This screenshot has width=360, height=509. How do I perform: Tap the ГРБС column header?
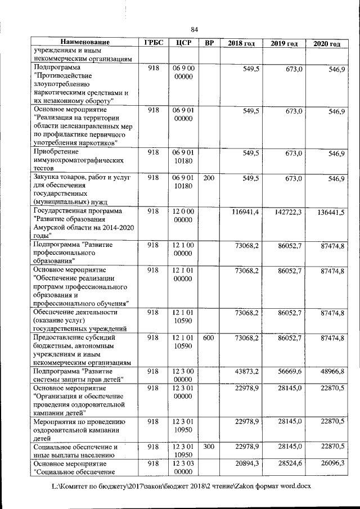154,43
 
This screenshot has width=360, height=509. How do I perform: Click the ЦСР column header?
184,43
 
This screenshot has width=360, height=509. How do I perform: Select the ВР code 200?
209,178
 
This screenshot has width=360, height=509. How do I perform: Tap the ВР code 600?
209,337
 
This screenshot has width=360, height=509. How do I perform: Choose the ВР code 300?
209,447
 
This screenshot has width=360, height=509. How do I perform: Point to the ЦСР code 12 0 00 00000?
184,216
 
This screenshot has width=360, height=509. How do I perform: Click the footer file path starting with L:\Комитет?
181,485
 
